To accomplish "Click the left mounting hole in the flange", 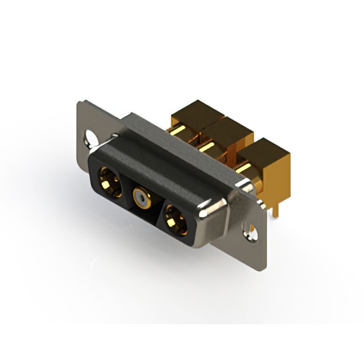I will (91, 138).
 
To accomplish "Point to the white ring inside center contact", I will (140, 200).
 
